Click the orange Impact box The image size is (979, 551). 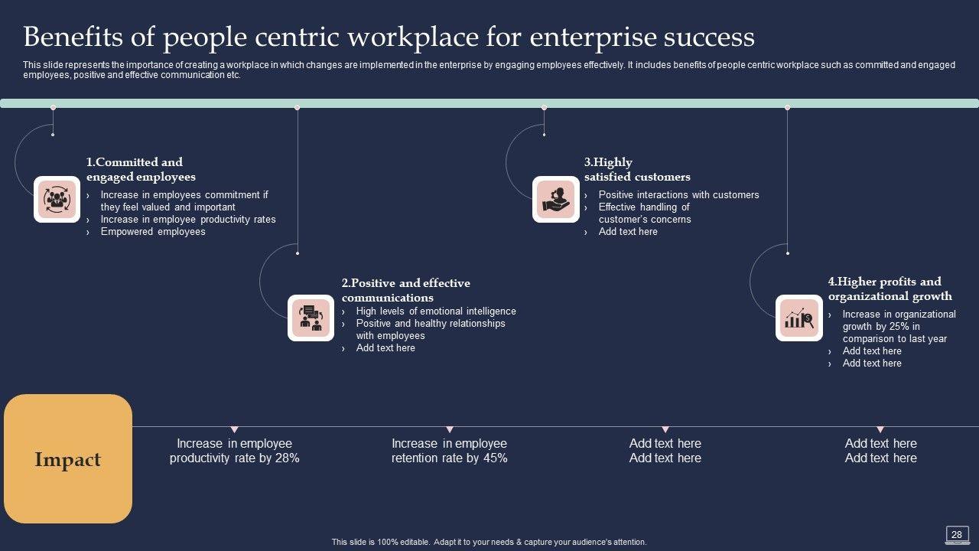click(x=68, y=458)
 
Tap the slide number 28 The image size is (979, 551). click(x=956, y=534)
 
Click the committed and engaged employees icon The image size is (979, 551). click(x=57, y=200)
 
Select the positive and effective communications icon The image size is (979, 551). click(x=311, y=318)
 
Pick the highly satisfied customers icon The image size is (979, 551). click(x=556, y=200)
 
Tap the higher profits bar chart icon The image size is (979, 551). click(x=799, y=318)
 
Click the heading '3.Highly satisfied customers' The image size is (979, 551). click(x=637, y=169)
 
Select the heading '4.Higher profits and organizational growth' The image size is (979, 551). click(x=890, y=289)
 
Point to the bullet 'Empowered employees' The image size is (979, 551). click(x=153, y=231)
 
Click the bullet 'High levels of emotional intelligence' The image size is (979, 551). click(x=436, y=311)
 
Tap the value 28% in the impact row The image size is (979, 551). click(x=288, y=458)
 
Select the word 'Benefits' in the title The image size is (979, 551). click(x=73, y=37)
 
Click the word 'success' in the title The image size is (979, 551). click(x=709, y=37)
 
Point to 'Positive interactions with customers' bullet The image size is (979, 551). click(x=678, y=194)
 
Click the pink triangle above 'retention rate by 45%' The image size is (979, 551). click(x=449, y=429)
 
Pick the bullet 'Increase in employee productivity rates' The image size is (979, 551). click(x=188, y=219)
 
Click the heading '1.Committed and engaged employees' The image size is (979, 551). click(x=141, y=169)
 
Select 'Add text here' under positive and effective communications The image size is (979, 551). click(x=385, y=347)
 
